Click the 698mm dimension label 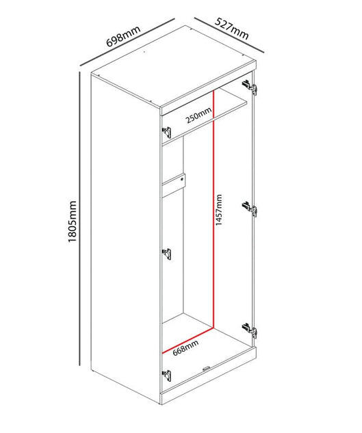(x=123, y=36)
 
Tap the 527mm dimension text (x=232, y=29)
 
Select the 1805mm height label (x=72, y=221)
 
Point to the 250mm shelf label (x=198, y=115)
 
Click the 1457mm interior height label (x=219, y=210)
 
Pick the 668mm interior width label (x=185, y=348)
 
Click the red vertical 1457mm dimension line (x=214, y=209)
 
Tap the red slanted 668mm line (x=188, y=341)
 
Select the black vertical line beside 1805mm (x=79, y=219)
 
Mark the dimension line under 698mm (x=127, y=42)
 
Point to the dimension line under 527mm (x=229, y=35)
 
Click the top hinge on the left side (x=166, y=132)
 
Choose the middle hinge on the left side (x=166, y=254)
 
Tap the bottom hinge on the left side (x=166, y=376)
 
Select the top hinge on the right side (x=250, y=87)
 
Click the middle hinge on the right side (x=250, y=209)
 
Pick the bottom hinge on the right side (x=250, y=331)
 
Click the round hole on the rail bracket (x=182, y=180)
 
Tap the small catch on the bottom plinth (x=207, y=368)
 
